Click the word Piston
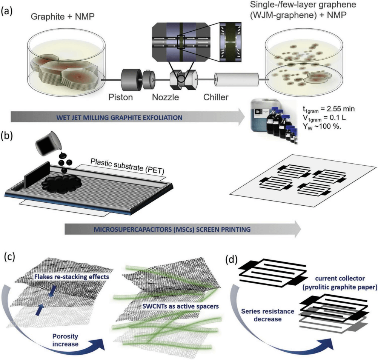pyautogui.click(x=121, y=97)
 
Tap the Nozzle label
pyautogui.click(x=165, y=97)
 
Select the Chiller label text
pyautogui.click(x=216, y=97)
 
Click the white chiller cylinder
pyautogui.click(x=237, y=79)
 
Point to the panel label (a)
pyautogui.click(x=6, y=11)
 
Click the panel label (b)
pyautogui.click(x=7, y=135)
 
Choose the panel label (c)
pyautogui.click(x=9, y=257)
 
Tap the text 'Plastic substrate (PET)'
pyautogui.click(x=127, y=166)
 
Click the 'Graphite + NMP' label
pyautogui.click(x=63, y=17)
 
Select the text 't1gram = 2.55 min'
pyautogui.click(x=329, y=109)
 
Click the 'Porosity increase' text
pyautogui.click(x=65, y=340)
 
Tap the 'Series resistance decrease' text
pyautogui.click(x=267, y=315)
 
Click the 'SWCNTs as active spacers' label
pyautogui.click(x=181, y=306)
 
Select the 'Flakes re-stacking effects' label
pyautogui.click(x=72, y=277)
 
